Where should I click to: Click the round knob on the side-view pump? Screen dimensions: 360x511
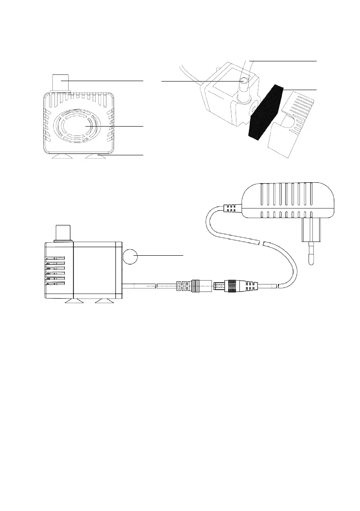point(131,257)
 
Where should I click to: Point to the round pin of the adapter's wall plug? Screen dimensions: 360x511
point(309,255)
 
